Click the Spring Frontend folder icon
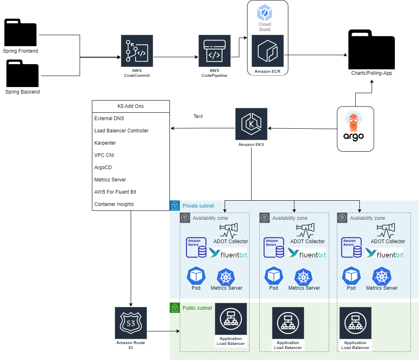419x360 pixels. tap(20, 32)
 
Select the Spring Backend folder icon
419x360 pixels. tap(22, 73)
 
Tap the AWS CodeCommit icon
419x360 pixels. tap(137, 51)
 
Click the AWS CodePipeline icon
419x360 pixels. tap(214, 51)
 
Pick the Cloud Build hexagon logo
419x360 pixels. tap(265, 13)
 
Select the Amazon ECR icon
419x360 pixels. tap(267, 51)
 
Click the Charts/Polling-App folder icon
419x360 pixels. tap(372, 49)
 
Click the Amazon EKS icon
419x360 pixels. tap(251, 124)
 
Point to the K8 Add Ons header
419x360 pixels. tap(131, 106)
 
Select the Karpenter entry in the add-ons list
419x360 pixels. tap(105, 143)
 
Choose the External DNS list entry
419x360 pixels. tap(109, 118)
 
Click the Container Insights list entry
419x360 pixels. tap(114, 204)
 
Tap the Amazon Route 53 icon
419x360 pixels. tap(131, 323)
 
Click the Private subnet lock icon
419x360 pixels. tap(175, 206)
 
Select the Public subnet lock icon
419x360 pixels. tap(175, 308)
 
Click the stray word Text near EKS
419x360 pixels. tap(198, 116)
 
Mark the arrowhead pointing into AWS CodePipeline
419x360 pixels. tap(197, 57)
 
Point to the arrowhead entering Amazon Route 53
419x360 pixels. tap(131, 305)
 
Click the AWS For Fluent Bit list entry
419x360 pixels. tap(115, 192)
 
